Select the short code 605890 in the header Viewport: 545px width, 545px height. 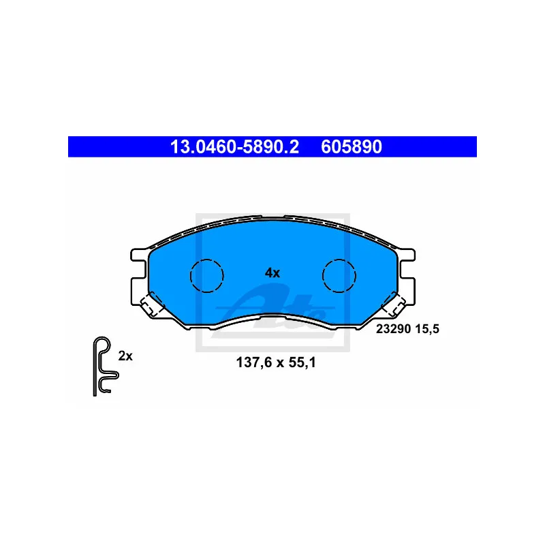coord(351,146)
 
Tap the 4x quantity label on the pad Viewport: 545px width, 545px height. coord(272,272)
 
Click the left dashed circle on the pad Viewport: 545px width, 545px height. coord(206,275)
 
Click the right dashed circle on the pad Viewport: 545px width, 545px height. coord(339,275)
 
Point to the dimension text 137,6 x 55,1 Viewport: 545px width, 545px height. coord(276,363)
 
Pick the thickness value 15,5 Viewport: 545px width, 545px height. coord(428,328)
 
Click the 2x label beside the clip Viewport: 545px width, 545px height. coord(125,355)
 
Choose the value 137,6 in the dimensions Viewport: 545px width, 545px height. coord(251,363)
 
